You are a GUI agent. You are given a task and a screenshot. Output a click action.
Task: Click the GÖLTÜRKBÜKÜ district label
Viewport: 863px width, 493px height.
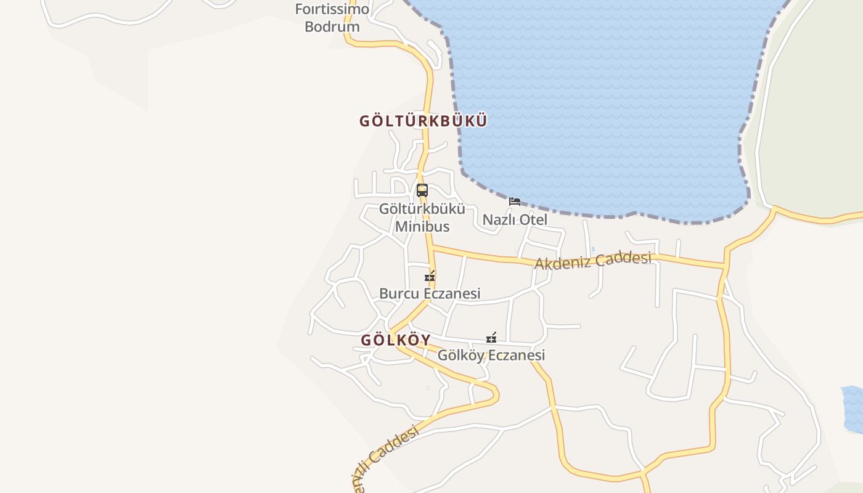[423, 121]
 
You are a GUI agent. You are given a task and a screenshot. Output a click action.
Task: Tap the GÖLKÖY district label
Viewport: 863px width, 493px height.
[395, 340]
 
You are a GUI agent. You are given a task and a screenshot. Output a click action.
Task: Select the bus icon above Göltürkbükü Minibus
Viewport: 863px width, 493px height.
[422, 190]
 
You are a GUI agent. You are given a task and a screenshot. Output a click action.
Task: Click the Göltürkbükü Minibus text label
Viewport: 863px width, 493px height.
[422, 218]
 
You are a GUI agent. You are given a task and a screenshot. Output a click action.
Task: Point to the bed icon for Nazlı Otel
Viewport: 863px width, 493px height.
[514, 202]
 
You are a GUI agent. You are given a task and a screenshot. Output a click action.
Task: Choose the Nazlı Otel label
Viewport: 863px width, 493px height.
[515, 220]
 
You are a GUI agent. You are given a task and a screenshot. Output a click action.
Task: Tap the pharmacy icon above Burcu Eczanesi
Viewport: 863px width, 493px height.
[430, 276]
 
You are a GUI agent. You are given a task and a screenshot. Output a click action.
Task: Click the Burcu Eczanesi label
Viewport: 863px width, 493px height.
[430, 293]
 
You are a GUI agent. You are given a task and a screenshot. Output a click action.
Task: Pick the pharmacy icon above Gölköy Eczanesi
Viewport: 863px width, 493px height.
[491, 338]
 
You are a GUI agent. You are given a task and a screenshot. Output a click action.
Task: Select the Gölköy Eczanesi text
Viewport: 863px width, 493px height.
[491, 356]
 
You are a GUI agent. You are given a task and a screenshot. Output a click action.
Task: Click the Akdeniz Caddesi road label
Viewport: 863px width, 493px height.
[593, 260]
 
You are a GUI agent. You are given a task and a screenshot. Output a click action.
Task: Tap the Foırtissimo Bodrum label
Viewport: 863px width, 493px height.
[332, 18]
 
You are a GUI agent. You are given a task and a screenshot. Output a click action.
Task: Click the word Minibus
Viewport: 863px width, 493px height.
[422, 226]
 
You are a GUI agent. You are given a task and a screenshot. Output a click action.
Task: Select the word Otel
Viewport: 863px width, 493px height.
[533, 220]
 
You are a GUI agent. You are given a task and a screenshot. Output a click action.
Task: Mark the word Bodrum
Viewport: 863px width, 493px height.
[332, 26]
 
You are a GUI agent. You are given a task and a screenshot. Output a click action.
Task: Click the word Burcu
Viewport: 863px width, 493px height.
[399, 293]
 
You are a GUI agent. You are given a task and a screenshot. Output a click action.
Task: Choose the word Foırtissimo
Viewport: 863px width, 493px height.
[332, 9]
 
